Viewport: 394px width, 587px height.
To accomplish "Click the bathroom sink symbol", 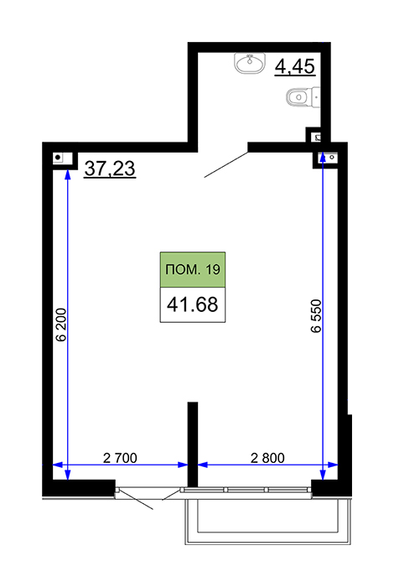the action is point(251,63).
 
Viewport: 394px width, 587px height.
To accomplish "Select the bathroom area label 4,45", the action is point(295,67).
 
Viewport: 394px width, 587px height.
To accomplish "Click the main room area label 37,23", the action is point(110,169).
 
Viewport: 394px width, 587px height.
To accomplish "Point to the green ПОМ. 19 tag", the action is point(193,269).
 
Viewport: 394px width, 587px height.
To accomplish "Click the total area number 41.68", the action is point(193,304).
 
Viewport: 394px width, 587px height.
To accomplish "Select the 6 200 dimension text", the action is point(60,325).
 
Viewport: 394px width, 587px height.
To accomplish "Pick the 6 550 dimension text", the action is point(316,316).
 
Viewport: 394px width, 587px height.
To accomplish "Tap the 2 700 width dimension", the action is point(120,458).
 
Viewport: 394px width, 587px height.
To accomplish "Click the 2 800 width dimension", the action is point(267,458).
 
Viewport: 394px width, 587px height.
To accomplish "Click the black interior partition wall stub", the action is point(192,444).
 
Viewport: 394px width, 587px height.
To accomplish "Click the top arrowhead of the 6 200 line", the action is point(67,174).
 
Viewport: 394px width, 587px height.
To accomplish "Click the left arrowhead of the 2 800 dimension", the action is point(202,465).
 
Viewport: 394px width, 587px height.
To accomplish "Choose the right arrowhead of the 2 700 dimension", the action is point(183,465).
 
